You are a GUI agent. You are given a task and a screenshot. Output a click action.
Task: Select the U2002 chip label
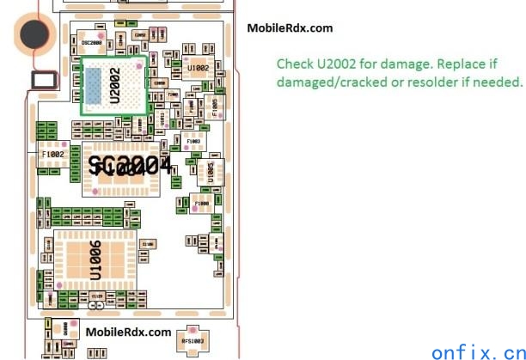(115, 85)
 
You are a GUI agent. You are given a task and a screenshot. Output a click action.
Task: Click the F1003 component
(194, 139)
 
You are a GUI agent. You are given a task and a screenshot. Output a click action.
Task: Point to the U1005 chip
(209, 169)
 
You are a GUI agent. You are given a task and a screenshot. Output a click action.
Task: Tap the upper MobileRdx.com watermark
(290, 28)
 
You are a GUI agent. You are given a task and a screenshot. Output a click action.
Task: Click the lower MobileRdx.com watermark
(128, 332)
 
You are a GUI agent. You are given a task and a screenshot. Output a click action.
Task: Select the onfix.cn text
(475, 351)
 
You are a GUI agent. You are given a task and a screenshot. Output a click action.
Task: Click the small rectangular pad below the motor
(43, 81)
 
